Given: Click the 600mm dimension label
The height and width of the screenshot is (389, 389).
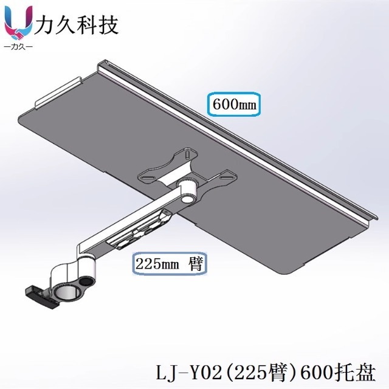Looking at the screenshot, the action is pyautogui.click(x=234, y=104).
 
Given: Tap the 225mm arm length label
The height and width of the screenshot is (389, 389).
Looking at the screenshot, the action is pyautogui.click(x=168, y=264).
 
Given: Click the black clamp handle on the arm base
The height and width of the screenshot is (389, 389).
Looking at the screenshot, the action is pyautogui.click(x=38, y=295).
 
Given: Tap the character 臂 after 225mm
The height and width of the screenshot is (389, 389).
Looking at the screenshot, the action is pyautogui.click(x=196, y=264).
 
